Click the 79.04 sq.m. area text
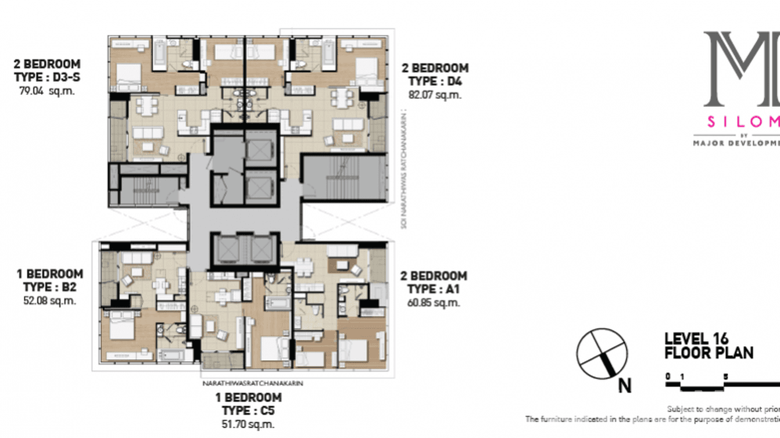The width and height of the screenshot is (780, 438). coord(47,91)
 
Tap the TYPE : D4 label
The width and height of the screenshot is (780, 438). coord(435,81)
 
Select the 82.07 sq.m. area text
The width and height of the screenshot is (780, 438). coord(435,95)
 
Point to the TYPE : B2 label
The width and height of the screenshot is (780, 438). coord(49,287)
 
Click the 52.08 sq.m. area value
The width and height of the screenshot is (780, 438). coord(49,301)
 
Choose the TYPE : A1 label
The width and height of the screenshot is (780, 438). coord(434,289)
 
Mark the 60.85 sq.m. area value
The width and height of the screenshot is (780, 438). coord(434,303)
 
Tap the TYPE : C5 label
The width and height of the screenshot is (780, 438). coord(248,411)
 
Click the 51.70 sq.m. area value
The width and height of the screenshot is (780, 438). coord(248,425)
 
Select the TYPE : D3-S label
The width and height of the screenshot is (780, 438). coord(47,77)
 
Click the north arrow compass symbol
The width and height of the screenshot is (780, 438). coord(602,354)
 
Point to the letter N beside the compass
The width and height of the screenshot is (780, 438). coord(625,386)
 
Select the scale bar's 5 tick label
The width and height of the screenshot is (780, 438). coord(725,376)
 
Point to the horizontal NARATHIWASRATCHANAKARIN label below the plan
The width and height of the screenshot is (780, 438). coord(253,383)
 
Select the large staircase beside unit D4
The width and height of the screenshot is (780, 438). coord(344,178)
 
